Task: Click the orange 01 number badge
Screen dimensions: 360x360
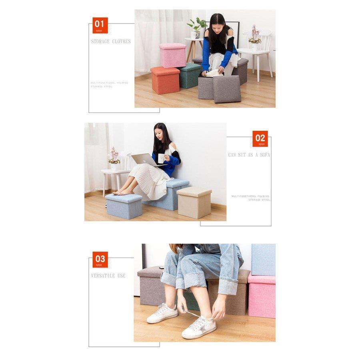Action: point(100,25)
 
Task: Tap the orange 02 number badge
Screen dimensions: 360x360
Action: point(260,139)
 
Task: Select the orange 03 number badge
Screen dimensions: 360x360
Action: point(100,259)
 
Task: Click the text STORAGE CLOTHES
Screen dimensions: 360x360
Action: point(111,42)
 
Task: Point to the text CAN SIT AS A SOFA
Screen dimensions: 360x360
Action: point(249,155)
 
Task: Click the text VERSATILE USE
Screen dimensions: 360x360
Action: point(108,276)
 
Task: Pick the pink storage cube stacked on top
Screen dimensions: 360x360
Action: point(172,55)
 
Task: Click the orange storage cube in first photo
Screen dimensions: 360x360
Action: point(165,80)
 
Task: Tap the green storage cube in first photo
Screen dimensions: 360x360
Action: point(189,76)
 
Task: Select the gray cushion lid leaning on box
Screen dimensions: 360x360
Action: point(227,89)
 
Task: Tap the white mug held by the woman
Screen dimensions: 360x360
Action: point(161,158)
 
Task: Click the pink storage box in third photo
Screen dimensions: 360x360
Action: point(262,295)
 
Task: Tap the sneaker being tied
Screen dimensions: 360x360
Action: point(199,327)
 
